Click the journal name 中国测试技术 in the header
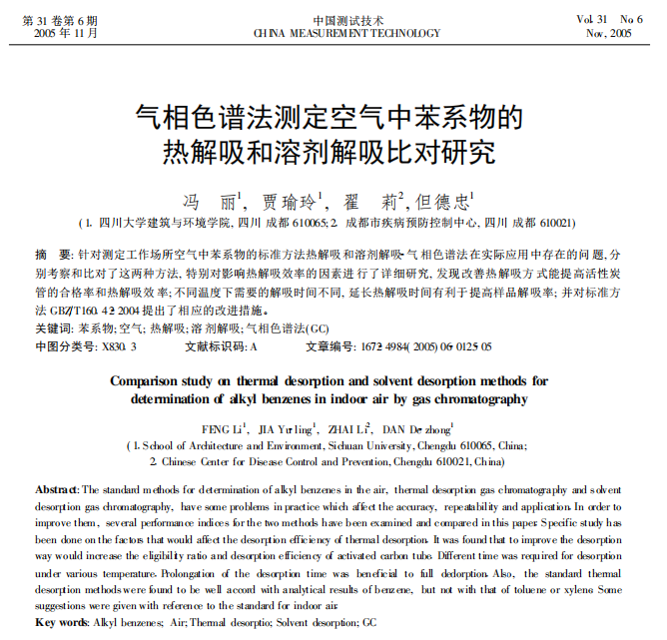333,19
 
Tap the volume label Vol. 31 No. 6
609,19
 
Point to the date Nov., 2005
609,33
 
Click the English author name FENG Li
223,429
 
